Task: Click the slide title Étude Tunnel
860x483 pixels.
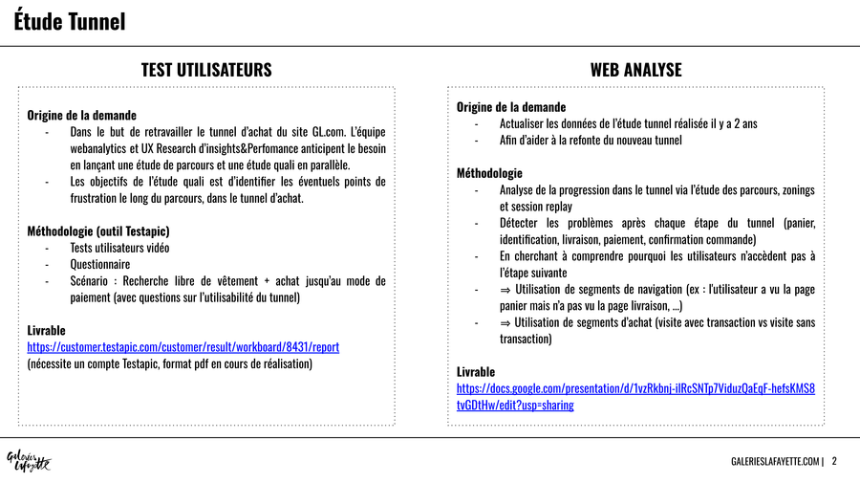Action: click(x=70, y=22)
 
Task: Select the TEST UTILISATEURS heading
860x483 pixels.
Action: click(x=206, y=70)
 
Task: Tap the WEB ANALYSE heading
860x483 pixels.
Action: click(x=635, y=70)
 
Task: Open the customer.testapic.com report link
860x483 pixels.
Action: click(x=183, y=346)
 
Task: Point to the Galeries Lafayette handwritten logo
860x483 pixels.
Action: click(x=29, y=461)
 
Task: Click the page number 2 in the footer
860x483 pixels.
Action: click(x=834, y=462)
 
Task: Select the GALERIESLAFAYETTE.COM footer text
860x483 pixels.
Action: click(x=775, y=462)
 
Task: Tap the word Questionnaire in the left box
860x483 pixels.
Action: click(x=99, y=264)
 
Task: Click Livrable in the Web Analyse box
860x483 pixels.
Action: click(x=476, y=371)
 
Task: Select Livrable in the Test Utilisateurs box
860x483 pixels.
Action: click(x=47, y=330)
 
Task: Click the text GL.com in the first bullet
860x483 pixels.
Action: click(x=326, y=132)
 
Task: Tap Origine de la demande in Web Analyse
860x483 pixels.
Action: click(x=511, y=107)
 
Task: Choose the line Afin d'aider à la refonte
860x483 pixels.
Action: click(x=591, y=141)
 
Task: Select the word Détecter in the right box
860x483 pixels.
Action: click(x=523, y=223)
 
